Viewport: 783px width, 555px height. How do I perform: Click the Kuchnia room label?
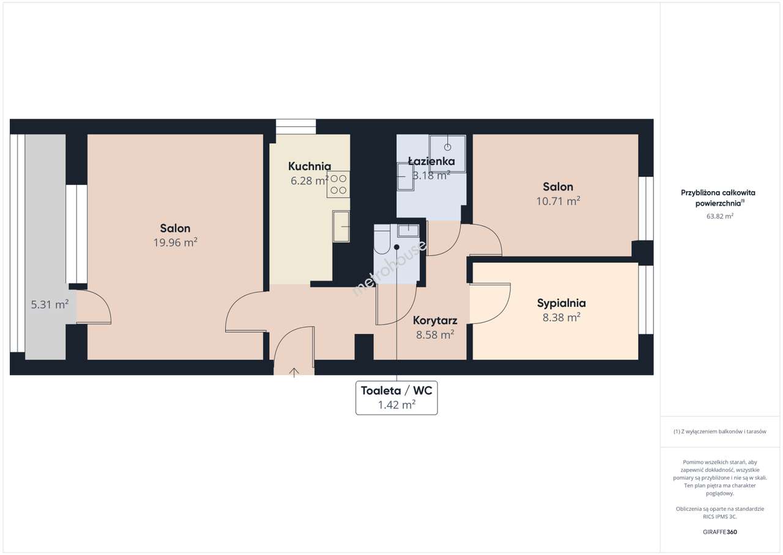310,166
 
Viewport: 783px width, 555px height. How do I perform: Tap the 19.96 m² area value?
175,242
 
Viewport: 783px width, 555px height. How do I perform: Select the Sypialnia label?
562,303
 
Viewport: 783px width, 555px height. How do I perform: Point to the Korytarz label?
435,320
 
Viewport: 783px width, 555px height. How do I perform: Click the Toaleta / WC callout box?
396,398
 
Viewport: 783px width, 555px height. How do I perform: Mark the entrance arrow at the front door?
294,372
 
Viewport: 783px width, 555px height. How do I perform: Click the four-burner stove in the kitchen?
338,184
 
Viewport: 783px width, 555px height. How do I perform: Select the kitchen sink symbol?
341,227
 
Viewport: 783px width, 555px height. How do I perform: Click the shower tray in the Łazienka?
447,153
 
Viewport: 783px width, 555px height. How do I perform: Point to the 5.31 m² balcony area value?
50,304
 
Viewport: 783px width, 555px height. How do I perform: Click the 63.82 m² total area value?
720,216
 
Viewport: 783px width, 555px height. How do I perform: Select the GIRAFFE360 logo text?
720,532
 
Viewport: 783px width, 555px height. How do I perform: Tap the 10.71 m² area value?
558,201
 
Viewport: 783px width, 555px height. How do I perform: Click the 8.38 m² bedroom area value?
562,317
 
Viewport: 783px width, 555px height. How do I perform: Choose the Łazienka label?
431,161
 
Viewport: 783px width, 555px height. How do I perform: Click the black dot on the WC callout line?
396,247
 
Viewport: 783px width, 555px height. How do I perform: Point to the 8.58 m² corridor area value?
435,335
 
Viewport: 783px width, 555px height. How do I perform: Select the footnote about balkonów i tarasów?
720,431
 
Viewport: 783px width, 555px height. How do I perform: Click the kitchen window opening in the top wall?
295,127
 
